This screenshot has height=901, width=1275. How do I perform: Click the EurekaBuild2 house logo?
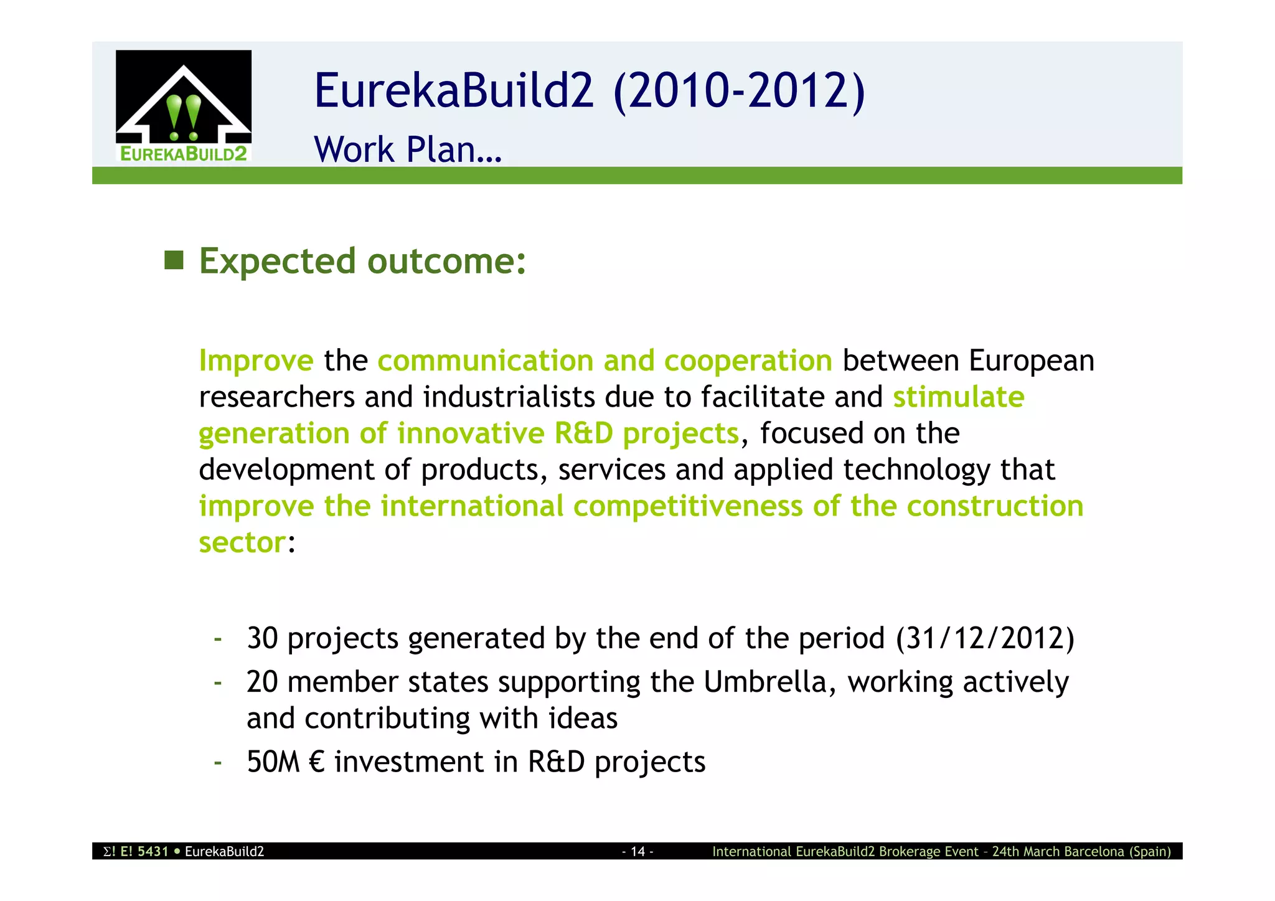coord(184,105)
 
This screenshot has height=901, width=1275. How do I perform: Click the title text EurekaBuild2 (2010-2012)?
coord(589,91)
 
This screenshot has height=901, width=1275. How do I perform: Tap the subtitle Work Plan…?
coord(408,149)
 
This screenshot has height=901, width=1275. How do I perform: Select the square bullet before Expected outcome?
coord(174,261)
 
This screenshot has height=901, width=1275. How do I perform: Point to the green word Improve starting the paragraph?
coord(256,361)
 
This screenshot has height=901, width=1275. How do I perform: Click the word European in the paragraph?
coord(1031,361)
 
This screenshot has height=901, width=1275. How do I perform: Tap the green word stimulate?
coord(958,397)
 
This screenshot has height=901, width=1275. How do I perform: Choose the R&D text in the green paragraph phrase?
coord(583,433)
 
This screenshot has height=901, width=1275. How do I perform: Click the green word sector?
coord(242,542)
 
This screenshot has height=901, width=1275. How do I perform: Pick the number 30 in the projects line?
coord(262,638)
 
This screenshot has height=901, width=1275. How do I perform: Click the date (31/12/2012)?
coord(985,638)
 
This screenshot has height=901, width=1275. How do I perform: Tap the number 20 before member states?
coord(262,682)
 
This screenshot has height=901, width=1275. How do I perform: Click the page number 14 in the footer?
coord(637,852)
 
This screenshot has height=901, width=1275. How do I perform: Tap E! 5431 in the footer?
coord(144,852)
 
